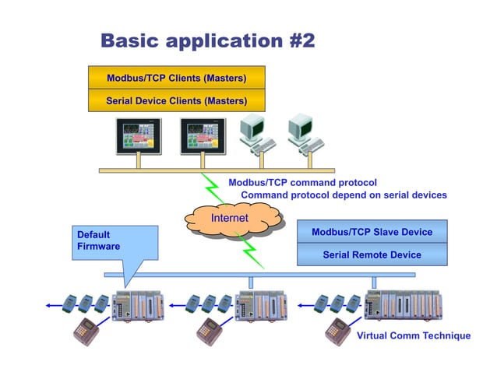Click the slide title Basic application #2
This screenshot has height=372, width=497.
tap(208, 40)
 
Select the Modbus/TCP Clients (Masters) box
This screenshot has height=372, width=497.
tap(176, 78)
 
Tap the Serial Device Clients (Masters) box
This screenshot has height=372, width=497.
tap(176, 100)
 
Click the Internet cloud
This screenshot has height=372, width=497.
tap(230, 219)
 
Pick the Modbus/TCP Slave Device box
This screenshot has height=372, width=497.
tap(372, 232)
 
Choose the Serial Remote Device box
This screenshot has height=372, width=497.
tap(372, 254)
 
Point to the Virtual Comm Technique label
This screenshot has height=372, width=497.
tap(413, 335)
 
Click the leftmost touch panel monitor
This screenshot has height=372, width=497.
tap(138, 136)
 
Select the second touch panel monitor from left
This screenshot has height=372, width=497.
tap(202, 136)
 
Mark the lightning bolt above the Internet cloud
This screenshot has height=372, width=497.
tap(211, 187)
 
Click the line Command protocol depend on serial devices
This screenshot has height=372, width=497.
tap(344, 195)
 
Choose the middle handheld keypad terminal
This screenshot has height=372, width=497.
tap(208, 331)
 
